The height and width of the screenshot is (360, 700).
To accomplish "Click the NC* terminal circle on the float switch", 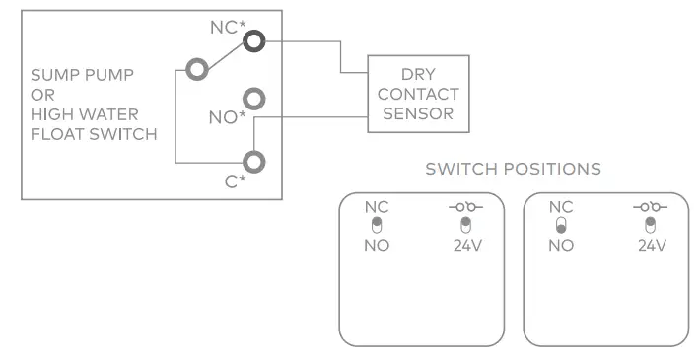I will pyautogui.click(x=255, y=41).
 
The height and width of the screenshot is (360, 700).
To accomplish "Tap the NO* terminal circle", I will pyautogui.click(x=255, y=99).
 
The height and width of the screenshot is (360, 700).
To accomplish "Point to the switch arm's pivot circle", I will pyautogui.click(x=197, y=70).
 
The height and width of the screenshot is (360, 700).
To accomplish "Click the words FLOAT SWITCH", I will pyautogui.click(x=93, y=134).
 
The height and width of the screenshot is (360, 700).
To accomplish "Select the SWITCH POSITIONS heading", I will pyautogui.click(x=512, y=169).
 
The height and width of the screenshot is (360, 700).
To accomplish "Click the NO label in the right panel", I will pyautogui.click(x=561, y=245).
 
